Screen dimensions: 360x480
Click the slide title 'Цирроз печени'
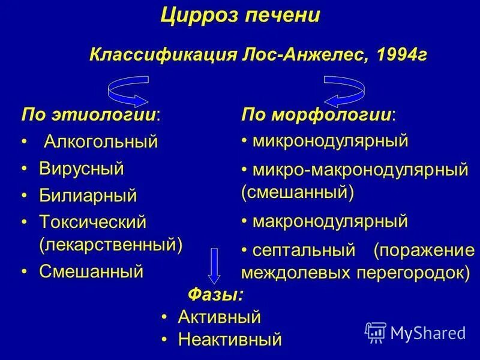pos(240,16)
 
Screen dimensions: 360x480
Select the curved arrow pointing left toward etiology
pos(128,89)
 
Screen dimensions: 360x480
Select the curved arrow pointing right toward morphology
pos(344,89)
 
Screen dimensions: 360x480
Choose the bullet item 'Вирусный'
pos(82,169)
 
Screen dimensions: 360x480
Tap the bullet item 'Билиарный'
pos(88,195)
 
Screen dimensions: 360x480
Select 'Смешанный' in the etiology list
pos(91,271)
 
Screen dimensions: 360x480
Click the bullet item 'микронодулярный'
pos(330,141)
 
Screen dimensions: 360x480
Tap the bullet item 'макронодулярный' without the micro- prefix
pos(330,221)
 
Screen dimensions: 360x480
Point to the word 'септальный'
pos(304,250)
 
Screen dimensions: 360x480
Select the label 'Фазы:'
pos(216,295)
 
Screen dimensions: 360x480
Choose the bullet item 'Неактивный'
pos(230,340)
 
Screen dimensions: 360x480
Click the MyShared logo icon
pos(376,332)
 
